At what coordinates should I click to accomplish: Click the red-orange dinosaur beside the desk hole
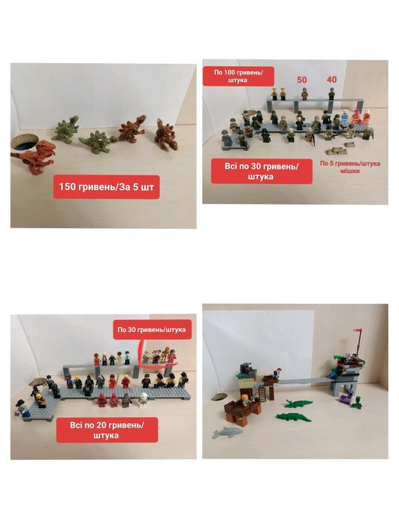coord(33,155)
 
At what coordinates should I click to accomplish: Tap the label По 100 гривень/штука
coord(240,76)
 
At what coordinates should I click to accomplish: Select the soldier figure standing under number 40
coord(331,94)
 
